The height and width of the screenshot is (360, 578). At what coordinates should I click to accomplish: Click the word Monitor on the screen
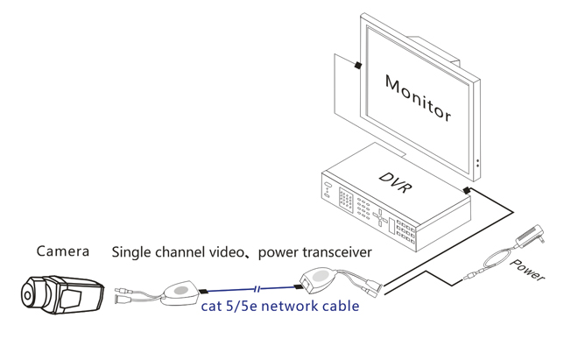(419, 99)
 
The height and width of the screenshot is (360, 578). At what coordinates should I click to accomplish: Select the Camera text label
(63, 251)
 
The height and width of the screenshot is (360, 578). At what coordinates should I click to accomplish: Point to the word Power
(527, 271)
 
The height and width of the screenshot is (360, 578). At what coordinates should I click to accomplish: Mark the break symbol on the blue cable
(257, 288)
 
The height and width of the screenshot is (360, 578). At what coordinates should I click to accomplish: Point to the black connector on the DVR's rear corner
(469, 189)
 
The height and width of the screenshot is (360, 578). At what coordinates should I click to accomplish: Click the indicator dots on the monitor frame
(477, 163)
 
